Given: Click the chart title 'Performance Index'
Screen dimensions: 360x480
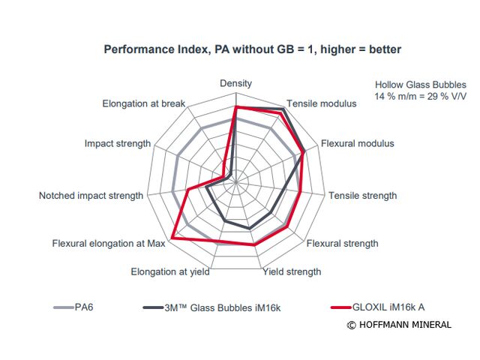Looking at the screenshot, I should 253,49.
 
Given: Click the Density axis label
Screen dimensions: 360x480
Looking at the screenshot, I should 235,83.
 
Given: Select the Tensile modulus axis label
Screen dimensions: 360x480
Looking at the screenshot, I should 322,103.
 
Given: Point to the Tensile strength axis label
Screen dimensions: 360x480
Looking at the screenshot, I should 362,196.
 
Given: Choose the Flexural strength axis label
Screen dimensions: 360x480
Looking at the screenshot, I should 342,243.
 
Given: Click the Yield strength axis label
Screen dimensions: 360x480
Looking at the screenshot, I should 292,271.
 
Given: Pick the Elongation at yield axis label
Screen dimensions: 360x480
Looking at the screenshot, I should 170,271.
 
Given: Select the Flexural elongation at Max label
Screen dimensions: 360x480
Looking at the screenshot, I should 109,243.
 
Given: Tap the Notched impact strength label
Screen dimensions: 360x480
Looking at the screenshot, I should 91,196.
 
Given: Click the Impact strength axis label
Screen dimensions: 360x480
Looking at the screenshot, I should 118,143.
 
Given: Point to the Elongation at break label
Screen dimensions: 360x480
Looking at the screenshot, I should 143,103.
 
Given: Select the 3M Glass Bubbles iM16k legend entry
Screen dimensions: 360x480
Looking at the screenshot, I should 223,306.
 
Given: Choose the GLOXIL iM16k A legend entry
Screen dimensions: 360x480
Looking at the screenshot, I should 393,306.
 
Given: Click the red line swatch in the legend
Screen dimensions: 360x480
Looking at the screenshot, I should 341,307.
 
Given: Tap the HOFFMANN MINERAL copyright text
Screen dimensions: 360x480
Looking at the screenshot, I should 399,325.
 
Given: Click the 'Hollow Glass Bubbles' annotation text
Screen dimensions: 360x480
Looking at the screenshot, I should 421,85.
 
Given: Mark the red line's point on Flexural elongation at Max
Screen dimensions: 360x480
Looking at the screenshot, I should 172,238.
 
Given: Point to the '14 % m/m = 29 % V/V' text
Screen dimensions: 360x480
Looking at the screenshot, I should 421,97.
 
